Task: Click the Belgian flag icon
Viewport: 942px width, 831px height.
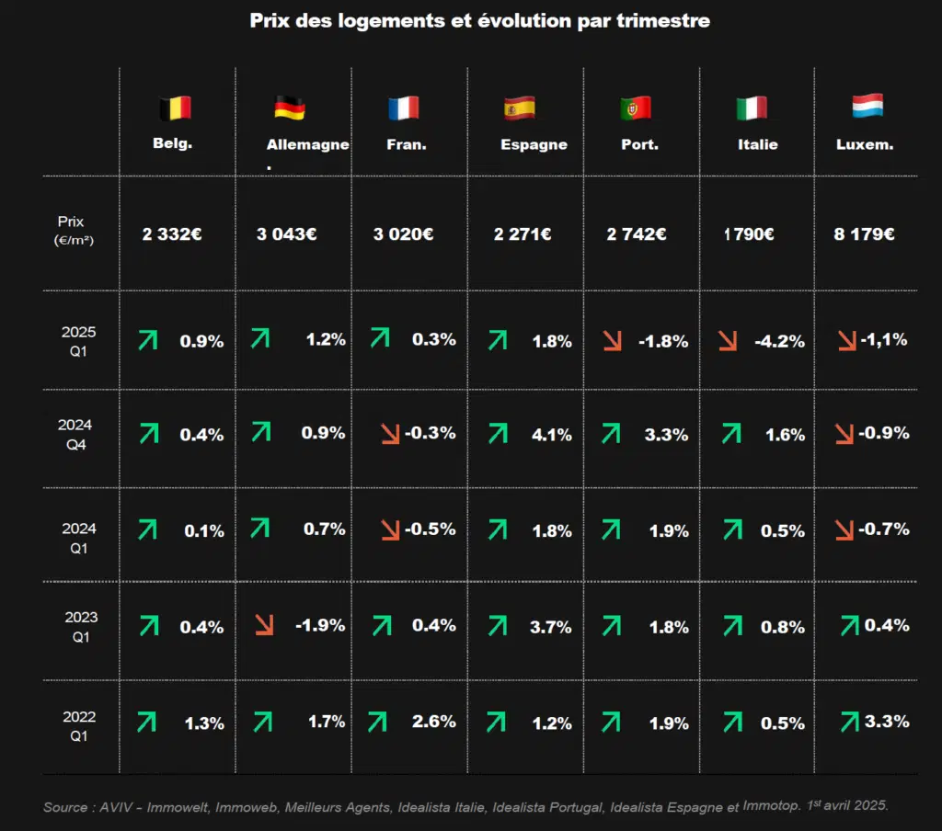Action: pyautogui.click(x=176, y=108)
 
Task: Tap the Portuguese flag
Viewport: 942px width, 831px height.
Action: pyautogui.click(x=636, y=108)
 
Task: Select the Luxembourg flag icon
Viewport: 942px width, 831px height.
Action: pyautogui.click(x=867, y=106)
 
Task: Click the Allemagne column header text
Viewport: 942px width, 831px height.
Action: pyautogui.click(x=307, y=144)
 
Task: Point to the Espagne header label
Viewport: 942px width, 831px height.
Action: pyautogui.click(x=534, y=144)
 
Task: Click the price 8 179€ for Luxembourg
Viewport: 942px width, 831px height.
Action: pyautogui.click(x=864, y=233)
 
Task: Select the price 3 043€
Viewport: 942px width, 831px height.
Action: pyautogui.click(x=287, y=233)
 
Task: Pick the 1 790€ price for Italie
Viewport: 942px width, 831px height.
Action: pyautogui.click(x=749, y=233)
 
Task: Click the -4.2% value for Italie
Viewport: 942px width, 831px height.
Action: pyautogui.click(x=780, y=341)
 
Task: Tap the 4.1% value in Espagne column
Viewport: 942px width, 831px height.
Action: pyautogui.click(x=552, y=434)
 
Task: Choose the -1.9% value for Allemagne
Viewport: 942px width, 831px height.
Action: pyautogui.click(x=320, y=625)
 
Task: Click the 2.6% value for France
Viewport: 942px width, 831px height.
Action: pyautogui.click(x=434, y=721)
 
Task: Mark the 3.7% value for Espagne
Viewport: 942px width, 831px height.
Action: pyautogui.click(x=550, y=627)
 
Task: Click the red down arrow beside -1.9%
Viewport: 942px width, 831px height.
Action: pyautogui.click(x=264, y=624)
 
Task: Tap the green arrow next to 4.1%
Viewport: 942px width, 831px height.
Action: pyautogui.click(x=498, y=433)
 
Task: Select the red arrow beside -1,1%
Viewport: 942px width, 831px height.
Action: pyautogui.click(x=847, y=340)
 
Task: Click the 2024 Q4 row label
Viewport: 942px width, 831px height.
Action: pyautogui.click(x=75, y=434)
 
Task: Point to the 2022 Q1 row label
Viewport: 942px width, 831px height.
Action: pyautogui.click(x=79, y=726)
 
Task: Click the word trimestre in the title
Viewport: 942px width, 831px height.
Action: pyautogui.click(x=663, y=20)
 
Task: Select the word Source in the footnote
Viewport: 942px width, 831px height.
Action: pyautogui.click(x=65, y=807)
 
